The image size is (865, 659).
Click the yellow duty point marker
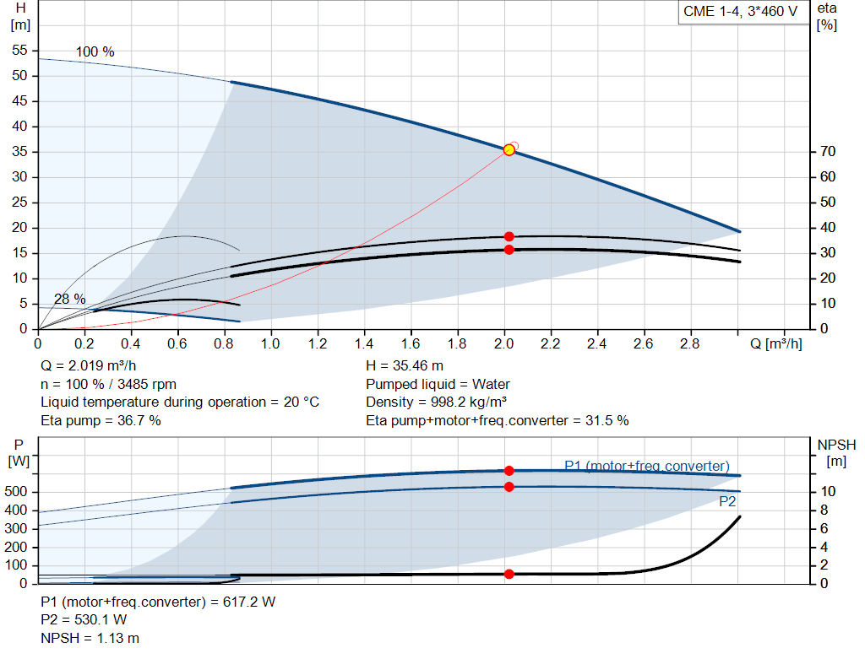(x=509, y=149)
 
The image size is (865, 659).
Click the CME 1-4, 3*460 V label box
(x=740, y=13)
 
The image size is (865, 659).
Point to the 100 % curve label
(x=95, y=51)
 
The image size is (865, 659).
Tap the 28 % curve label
(x=69, y=299)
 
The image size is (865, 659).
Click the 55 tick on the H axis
(x=20, y=51)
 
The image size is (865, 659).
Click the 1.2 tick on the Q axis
(x=318, y=344)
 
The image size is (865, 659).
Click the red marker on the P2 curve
(x=509, y=487)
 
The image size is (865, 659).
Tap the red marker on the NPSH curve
(x=509, y=574)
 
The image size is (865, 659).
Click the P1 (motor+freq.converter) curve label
(x=646, y=466)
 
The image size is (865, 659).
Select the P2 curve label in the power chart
(x=726, y=501)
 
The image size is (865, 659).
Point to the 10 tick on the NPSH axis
(x=828, y=491)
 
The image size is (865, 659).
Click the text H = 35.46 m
(x=405, y=366)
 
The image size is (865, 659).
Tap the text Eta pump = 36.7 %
(x=101, y=420)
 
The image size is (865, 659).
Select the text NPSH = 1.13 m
(x=90, y=638)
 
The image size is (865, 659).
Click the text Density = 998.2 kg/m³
(x=436, y=402)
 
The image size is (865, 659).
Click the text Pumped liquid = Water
(x=438, y=384)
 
